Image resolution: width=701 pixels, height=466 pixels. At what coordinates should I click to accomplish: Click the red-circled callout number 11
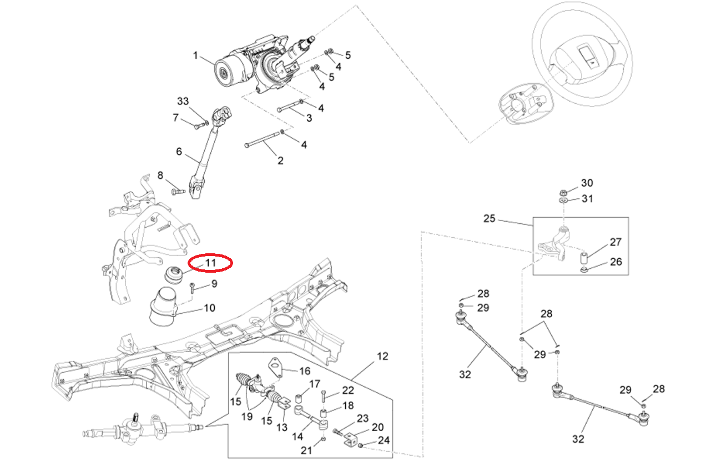[210, 263]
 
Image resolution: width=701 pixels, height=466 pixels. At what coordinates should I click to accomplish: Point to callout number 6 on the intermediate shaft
[179, 152]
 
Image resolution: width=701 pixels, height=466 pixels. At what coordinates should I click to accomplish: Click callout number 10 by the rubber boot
[210, 308]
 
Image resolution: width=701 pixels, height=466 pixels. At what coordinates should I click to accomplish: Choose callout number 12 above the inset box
[383, 356]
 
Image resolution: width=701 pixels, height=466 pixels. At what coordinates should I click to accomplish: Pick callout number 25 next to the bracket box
[489, 219]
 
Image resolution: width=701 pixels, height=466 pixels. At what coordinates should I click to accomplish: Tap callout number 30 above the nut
[587, 183]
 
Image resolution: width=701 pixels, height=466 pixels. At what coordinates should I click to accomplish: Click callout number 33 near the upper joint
[183, 101]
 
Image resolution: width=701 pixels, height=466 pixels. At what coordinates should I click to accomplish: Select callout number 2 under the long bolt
[280, 161]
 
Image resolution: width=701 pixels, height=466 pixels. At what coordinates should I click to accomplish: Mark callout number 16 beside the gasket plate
[305, 370]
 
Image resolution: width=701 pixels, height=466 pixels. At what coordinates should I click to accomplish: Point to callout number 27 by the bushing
[616, 242]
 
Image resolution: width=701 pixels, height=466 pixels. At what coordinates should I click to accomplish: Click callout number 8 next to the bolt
[160, 176]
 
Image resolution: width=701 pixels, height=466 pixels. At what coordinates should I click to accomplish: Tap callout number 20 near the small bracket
[377, 427]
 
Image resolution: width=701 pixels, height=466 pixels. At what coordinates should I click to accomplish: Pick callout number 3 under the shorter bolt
[309, 118]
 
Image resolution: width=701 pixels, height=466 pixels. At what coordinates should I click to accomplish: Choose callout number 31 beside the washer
[587, 199]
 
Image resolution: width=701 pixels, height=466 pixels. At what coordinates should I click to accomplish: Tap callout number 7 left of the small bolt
[176, 118]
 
